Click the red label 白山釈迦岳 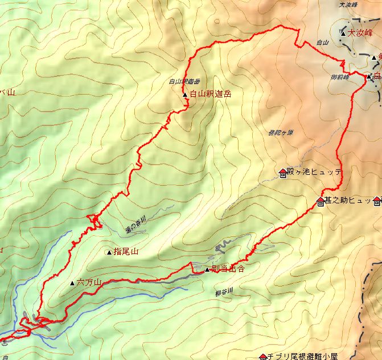[211, 94]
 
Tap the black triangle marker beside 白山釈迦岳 [185, 95]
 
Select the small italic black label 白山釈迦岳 [184, 81]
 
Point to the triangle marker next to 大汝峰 [343, 34]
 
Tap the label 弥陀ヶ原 [280, 133]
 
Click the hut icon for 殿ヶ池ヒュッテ [283, 172]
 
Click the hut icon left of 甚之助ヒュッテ [320, 201]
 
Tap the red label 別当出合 [227, 269]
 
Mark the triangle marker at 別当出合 [207, 269]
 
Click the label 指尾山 [126, 251]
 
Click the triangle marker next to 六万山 [72, 283]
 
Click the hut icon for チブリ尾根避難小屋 [262, 357]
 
